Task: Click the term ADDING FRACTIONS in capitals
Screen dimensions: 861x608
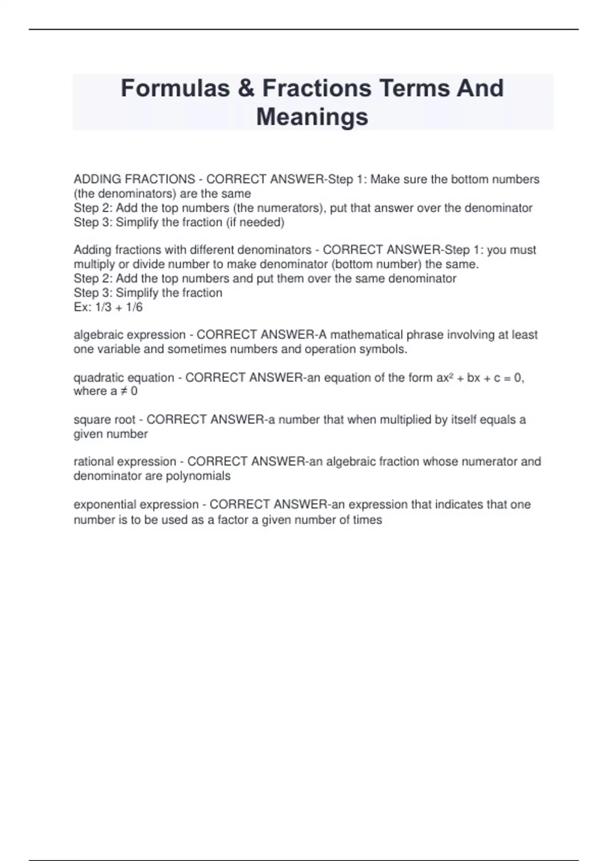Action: pos(134,179)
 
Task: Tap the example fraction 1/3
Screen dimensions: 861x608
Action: pos(103,307)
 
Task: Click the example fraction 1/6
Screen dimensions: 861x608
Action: pos(134,307)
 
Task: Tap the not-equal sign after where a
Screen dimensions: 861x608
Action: pos(124,391)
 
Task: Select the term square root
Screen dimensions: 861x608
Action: pos(104,419)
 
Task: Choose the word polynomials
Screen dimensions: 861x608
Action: pos(198,476)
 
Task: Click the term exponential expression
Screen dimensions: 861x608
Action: pos(136,504)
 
